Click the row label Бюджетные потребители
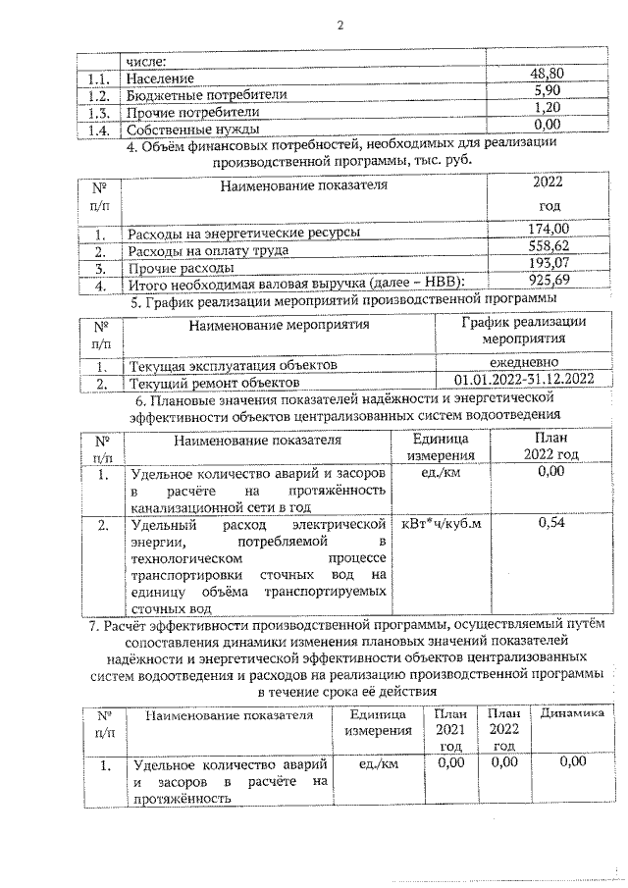[207, 95]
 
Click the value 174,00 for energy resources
[548, 231]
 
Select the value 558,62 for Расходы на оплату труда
[548, 248]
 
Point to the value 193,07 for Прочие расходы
[548, 266]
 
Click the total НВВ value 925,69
[548, 284]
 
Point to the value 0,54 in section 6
[551, 523]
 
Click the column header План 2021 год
[450, 730]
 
